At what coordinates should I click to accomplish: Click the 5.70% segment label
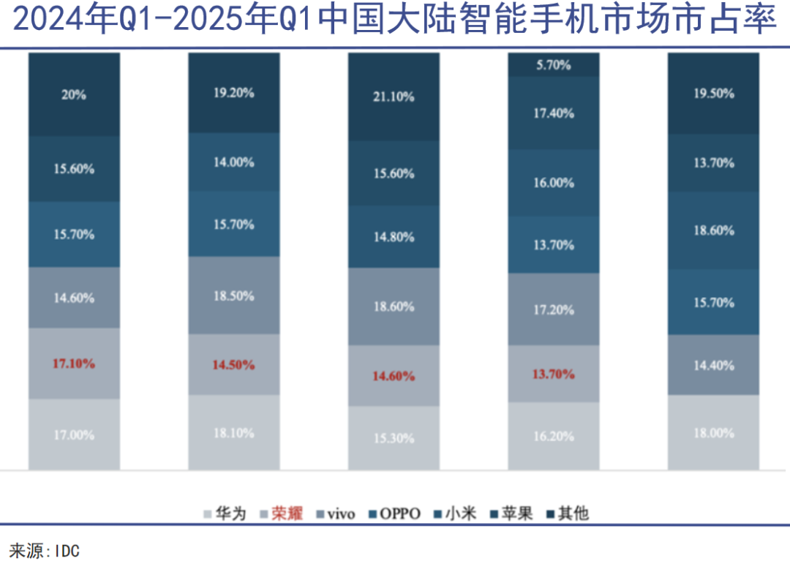553,64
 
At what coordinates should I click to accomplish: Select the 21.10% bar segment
394,97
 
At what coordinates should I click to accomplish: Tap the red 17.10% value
73,363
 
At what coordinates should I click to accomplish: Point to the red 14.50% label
233,364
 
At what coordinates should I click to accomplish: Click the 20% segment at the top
73,94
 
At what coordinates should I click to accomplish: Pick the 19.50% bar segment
713,94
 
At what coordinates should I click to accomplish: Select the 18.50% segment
233,296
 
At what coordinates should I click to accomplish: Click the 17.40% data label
553,113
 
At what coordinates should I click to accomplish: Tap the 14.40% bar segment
713,365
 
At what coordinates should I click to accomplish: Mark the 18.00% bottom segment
713,433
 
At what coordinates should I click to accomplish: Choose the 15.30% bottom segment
394,438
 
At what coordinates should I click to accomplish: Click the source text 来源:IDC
44,551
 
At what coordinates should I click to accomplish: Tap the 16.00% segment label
553,183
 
